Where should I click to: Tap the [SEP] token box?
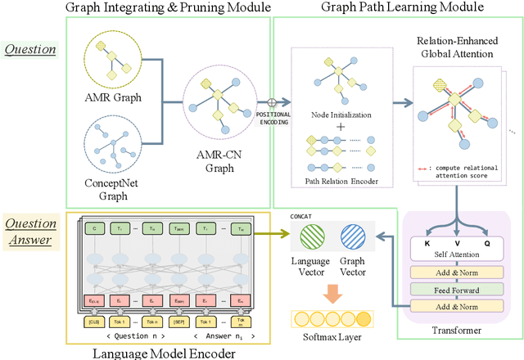[x=179, y=323]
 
